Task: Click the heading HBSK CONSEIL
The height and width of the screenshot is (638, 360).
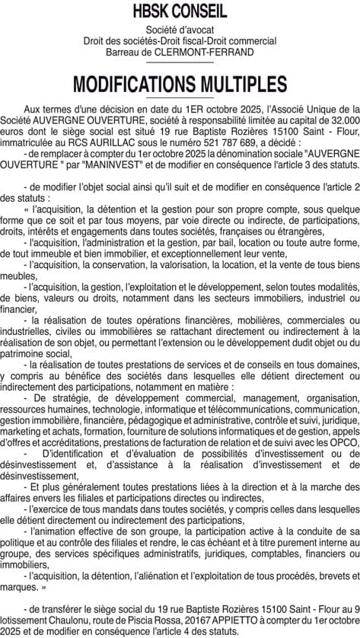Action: [180, 11]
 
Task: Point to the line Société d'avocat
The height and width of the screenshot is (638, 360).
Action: [180, 28]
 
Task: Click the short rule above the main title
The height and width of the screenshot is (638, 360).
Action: [180, 64]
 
